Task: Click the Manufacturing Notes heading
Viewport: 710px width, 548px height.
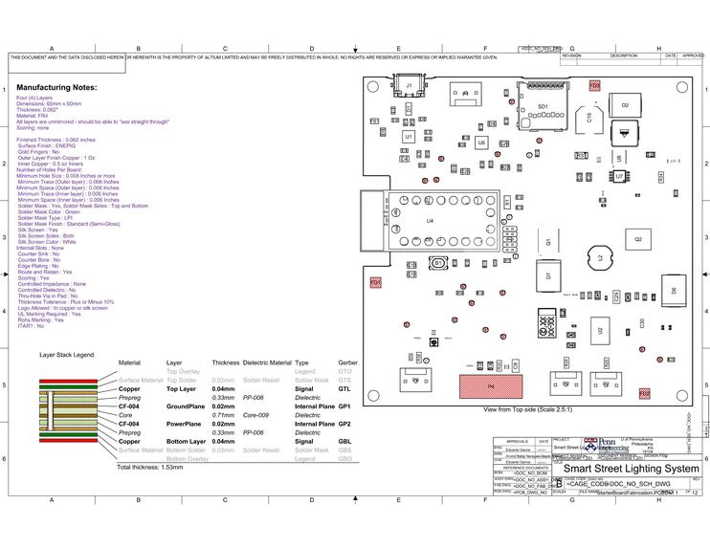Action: click(x=56, y=87)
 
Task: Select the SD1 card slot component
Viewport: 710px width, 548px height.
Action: click(x=543, y=106)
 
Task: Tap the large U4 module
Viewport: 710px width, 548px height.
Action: click(x=430, y=221)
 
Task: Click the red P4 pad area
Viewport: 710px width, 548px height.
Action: click(x=492, y=386)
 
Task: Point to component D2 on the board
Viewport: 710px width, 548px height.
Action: click(x=624, y=105)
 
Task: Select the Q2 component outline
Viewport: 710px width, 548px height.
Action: click(x=637, y=238)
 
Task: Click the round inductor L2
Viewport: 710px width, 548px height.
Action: click(x=601, y=258)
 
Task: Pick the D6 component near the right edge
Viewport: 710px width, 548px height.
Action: click(x=673, y=288)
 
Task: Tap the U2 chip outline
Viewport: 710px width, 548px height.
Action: click(x=601, y=331)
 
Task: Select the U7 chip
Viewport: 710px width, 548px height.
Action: click(x=619, y=177)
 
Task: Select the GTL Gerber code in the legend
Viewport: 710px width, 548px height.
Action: click(x=344, y=389)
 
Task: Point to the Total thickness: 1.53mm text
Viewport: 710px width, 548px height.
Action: click(x=149, y=468)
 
